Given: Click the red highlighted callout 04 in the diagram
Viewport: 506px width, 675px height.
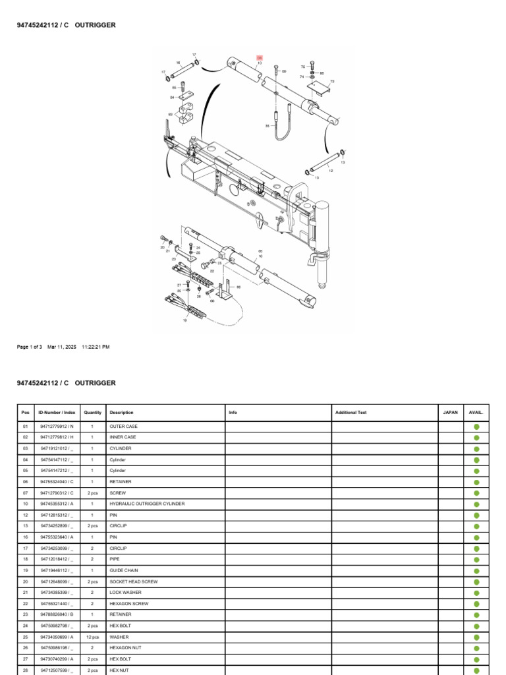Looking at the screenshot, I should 260,58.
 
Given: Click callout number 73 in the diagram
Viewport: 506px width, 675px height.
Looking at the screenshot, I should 332,81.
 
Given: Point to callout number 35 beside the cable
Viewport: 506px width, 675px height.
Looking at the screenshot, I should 267,125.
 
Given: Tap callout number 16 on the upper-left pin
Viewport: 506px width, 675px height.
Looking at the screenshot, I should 178,63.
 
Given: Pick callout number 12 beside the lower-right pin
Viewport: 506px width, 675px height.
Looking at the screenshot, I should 331,171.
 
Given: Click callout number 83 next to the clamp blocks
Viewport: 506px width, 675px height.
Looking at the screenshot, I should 170,115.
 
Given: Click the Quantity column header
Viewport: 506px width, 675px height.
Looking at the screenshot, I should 93,413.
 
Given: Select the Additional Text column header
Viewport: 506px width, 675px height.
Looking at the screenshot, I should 351,413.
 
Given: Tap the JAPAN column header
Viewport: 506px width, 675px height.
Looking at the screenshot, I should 450,413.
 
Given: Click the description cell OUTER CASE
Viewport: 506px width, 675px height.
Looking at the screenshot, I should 123,426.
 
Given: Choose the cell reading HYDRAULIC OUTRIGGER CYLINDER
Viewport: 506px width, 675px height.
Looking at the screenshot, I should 147,504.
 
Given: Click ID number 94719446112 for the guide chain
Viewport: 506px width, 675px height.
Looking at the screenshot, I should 56,570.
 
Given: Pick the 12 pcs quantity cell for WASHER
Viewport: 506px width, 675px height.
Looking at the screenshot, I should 93,637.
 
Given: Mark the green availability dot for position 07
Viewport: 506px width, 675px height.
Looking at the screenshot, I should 476,493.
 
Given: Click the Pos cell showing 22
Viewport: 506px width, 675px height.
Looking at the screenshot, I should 25,604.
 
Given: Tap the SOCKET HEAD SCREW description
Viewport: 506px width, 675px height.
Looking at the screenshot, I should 129,581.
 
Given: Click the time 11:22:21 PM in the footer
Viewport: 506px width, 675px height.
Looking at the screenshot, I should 96,347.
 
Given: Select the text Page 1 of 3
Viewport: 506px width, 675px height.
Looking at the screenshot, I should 30,347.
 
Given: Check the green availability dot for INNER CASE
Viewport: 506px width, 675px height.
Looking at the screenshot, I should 476,438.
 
